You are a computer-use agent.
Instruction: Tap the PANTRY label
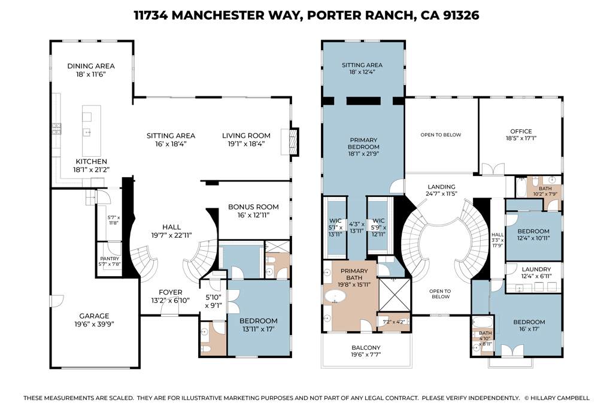110,259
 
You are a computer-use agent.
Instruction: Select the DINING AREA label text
91,66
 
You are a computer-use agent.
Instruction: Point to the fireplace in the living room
292,141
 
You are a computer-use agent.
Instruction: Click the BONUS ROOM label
254,207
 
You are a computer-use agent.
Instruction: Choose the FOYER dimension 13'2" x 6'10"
170,300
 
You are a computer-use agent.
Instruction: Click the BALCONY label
365,347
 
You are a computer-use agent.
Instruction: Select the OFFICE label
520,131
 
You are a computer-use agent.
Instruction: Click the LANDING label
441,186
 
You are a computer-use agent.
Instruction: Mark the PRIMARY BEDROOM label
364,143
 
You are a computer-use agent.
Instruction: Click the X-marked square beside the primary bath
393,296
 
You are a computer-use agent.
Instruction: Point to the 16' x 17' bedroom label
529,322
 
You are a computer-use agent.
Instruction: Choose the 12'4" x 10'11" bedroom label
533,231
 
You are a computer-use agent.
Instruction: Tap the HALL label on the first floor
171,226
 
